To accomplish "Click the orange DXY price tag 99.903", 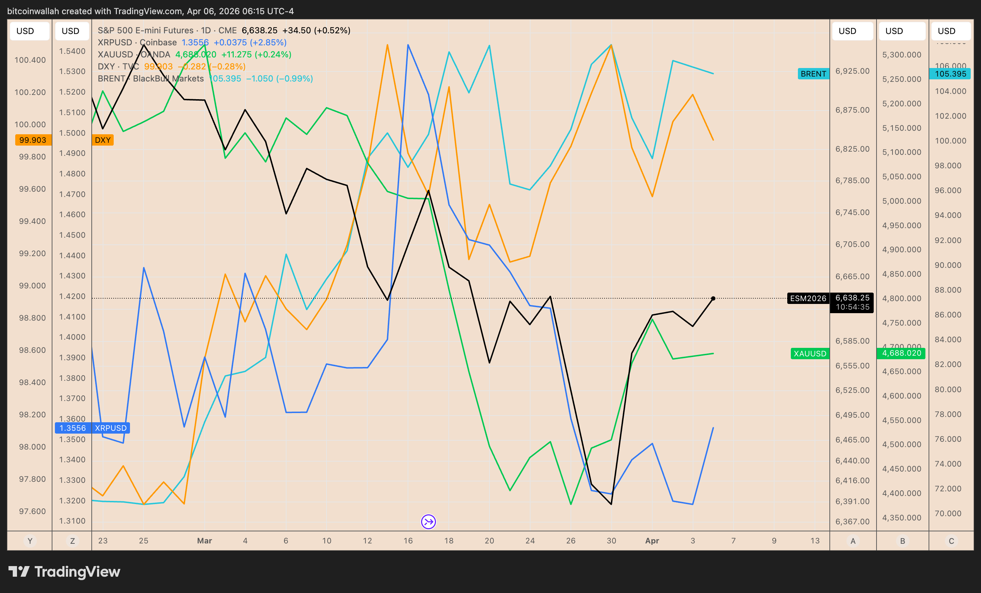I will tap(33, 140).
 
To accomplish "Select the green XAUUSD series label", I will tap(810, 354).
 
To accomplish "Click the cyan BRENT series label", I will tap(813, 74).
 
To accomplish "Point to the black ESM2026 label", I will tap(808, 298).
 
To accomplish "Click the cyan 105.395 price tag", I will tap(950, 74).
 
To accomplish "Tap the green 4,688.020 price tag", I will tap(901, 353).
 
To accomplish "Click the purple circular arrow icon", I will tap(429, 522).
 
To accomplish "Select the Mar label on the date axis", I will tap(205, 541).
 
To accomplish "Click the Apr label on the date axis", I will tap(652, 541).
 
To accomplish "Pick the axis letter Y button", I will tap(29, 541).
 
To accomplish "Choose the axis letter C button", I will tap(951, 541).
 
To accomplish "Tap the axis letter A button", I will tap(853, 541).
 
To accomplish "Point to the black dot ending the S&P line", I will tap(713, 298).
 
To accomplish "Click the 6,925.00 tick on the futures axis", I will tap(852, 71).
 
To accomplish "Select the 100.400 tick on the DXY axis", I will tap(30, 60).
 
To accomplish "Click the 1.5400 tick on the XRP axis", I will tap(72, 51).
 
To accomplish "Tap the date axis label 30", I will tap(612, 541).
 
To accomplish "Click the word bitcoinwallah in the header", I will tap(33, 11).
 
